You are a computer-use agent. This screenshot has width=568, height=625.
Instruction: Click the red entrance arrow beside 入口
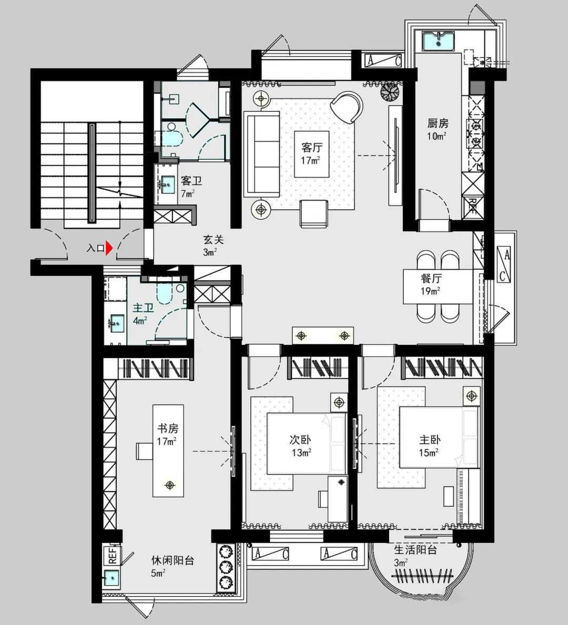(x=109, y=248)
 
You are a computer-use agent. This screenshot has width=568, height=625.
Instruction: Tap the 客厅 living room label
(x=311, y=148)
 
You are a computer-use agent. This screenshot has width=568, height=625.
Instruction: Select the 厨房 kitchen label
(x=438, y=123)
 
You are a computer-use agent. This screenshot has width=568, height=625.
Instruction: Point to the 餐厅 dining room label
(x=431, y=278)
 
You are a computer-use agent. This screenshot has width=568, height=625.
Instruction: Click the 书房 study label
(x=168, y=428)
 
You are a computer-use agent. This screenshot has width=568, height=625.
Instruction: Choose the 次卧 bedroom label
(x=300, y=439)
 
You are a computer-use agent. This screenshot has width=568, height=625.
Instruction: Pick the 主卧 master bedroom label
(x=430, y=439)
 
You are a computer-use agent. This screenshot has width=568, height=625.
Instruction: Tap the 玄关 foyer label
(x=214, y=240)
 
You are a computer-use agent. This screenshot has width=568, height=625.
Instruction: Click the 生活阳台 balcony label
(x=415, y=550)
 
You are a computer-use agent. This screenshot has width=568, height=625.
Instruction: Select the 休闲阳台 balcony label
(x=173, y=560)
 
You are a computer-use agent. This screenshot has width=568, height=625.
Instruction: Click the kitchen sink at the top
(x=439, y=41)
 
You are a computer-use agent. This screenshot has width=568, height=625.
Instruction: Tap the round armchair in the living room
(x=346, y=107)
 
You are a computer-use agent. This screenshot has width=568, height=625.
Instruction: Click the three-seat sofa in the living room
(x=262, y=154)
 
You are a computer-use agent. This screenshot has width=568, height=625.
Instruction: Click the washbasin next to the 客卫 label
(x=168, y=185)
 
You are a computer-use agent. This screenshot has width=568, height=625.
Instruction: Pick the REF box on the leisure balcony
(x=112, y=555)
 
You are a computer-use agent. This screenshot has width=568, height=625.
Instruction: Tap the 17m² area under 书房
(x=167, y=441)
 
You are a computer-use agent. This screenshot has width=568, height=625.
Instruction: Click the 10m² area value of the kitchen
(x=437, y=136)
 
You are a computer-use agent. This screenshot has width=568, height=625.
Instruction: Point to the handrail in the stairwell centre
(x=92, y=173)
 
